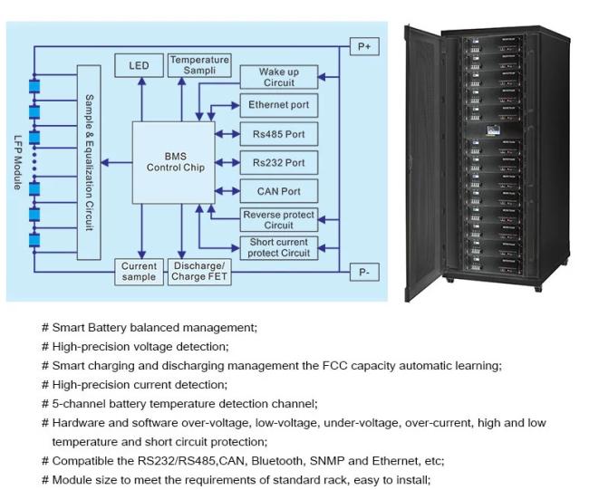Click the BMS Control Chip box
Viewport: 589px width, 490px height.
click(175, 162)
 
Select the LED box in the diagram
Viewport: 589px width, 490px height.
click(139, 66)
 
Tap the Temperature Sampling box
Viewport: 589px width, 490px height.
click(199, 65)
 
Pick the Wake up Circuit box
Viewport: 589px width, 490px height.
click(278, 77)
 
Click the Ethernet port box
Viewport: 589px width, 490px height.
click(278, 105)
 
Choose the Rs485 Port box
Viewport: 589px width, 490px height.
click(278, 134)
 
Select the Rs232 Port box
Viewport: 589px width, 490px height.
click(278, 163)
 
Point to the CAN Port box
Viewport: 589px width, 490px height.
click(278, 192)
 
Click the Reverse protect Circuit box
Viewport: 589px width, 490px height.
click(278, 219)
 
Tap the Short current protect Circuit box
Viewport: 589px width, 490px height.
click(278, 247)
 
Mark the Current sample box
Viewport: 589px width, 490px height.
click(140, 272)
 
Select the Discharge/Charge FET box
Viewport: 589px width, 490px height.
click(199, 272)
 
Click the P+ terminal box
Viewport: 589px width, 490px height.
click(364, 45)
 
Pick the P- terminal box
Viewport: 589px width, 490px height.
click(364, 272)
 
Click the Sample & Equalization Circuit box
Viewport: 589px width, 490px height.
click(89, 161)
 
